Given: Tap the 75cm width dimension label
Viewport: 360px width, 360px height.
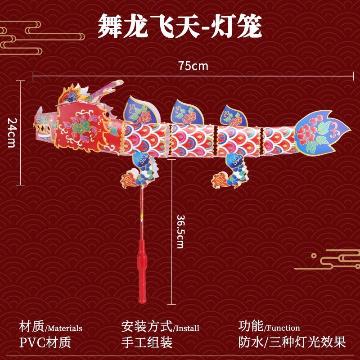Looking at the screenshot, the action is point(193,66).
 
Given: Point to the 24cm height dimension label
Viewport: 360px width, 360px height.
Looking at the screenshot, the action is point(12,133).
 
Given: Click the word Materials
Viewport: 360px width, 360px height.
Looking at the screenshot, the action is point(65,328).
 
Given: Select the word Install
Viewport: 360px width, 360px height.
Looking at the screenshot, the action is point(186,328).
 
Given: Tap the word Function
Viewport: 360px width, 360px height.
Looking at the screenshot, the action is point(282,328).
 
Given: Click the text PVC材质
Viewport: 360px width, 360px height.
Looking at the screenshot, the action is point(45,342).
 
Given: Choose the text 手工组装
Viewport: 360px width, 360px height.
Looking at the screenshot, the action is point(147,342).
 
